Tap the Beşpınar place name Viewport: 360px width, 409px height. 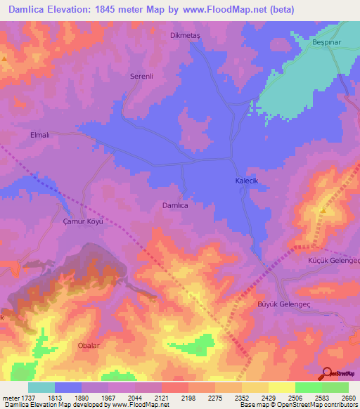328,42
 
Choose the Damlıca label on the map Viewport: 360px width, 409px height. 175,205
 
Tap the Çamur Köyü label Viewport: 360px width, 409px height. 79,221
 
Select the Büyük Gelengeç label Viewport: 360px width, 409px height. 280,304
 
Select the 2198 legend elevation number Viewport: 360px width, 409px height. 188,398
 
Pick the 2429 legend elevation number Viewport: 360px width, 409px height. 268,398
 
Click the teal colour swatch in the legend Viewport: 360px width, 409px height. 41,387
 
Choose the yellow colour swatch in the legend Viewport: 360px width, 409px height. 281,387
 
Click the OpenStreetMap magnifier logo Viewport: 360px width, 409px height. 327,373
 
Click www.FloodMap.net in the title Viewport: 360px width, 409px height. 226,10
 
